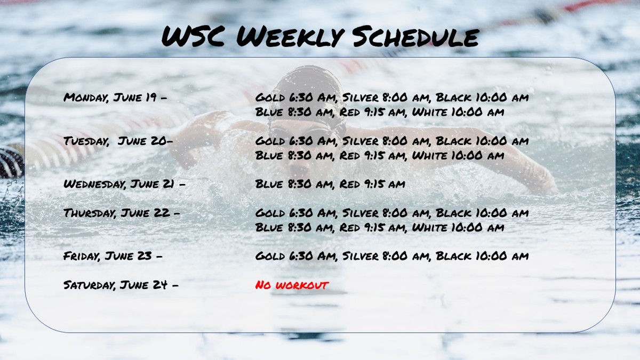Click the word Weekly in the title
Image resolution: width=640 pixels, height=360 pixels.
pos(289,37)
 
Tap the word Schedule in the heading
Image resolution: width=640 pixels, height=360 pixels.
pos(415,36)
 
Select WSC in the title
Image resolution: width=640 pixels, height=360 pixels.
pos(193,36)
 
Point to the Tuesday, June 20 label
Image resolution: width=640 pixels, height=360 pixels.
pos(118,141)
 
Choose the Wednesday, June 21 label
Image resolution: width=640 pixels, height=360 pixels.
pos(124,184)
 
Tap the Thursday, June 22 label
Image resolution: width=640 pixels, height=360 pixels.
pos(122,213)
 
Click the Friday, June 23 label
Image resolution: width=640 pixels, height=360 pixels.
pos(113,256)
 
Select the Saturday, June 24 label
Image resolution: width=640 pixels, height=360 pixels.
pos(121,285)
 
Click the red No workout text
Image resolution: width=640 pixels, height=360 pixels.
pos(292,285)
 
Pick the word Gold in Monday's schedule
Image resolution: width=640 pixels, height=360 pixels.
pos(270,98)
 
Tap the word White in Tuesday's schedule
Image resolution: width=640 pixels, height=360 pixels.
pos(429,155)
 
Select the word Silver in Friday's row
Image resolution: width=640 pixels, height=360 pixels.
pos(361,256)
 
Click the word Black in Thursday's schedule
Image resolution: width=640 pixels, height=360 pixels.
pos(453,213)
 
